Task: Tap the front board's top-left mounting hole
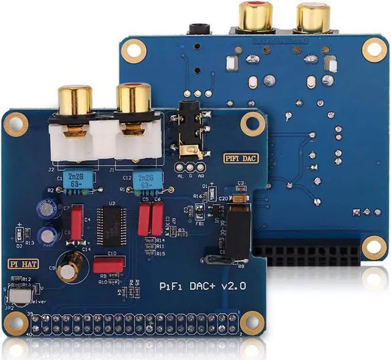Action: click(x=15, y=124)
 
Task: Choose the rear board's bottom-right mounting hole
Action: click(x=371, y=245)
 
